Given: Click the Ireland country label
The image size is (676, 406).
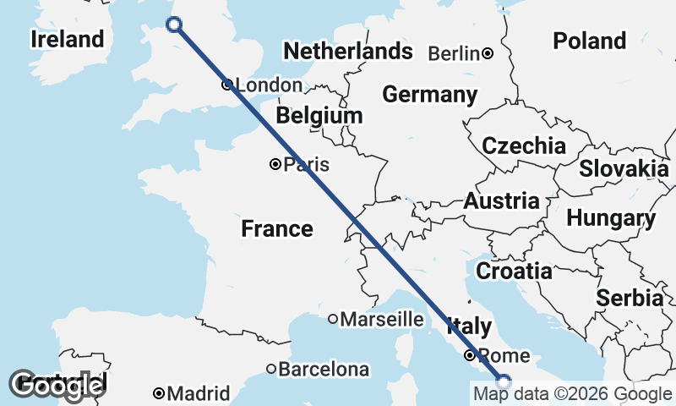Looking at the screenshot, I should pos(67,40).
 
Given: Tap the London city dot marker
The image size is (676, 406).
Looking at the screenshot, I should pos(226,85).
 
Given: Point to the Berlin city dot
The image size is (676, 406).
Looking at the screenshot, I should pos(488,53).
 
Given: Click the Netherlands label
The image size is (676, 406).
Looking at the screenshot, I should pos(347,52).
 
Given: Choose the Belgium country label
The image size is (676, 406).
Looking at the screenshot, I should pos(319,115).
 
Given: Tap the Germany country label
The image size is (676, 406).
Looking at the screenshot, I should pos(429,94).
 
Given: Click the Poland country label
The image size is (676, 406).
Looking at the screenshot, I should pos(589,41).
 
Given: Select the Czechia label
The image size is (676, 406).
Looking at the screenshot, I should pos(523,145).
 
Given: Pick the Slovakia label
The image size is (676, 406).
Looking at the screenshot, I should pos(624,168).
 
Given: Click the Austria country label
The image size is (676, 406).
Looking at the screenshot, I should pos(501,201).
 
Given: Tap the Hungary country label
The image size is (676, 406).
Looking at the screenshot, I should pos(611,218).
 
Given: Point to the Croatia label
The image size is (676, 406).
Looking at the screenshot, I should pos(514,272).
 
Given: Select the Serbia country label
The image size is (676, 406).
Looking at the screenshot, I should pos(630,298).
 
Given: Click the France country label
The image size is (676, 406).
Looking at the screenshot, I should pos(276,228).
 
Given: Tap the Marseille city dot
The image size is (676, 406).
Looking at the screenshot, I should pos(333,319).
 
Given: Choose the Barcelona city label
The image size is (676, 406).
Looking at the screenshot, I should pos(324,370).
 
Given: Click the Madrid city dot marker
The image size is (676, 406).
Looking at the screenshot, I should pos(159,393).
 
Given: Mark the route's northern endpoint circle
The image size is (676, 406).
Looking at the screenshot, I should pos(175,25).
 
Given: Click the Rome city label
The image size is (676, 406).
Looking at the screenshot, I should pos(504,355).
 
